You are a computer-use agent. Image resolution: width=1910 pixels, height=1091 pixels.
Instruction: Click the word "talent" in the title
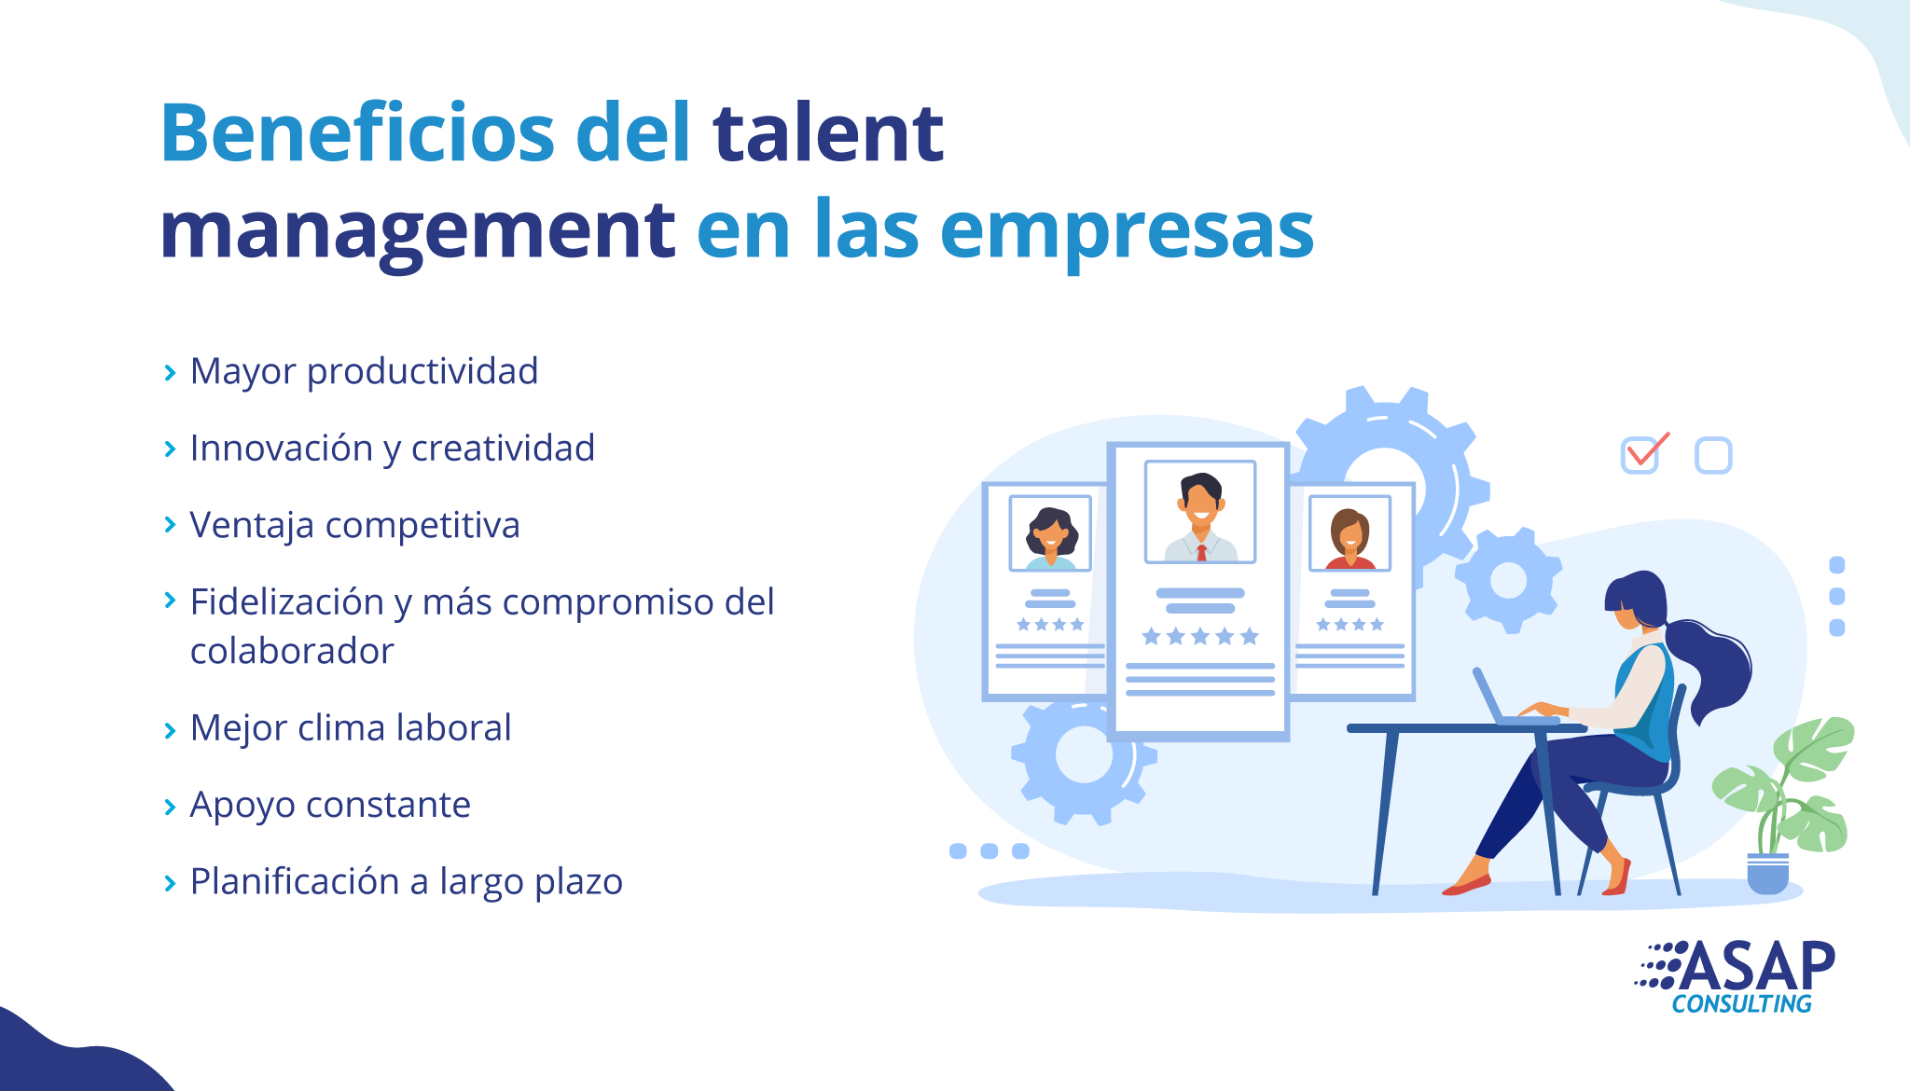tap(828, 133)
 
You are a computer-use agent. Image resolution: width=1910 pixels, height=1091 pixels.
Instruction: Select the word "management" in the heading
tap(418, 231)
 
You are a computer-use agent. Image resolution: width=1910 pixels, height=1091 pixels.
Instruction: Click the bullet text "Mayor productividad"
tap(365, 371)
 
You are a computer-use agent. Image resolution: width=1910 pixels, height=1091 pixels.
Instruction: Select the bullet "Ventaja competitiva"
tap(355, 525)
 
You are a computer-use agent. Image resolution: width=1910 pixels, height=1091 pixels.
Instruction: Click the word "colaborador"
tap(292, 651)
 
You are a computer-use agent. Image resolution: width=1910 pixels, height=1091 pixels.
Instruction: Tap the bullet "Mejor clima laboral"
tap(351, 727)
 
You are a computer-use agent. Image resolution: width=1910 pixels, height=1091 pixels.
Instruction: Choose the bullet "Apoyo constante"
tap(330, 805)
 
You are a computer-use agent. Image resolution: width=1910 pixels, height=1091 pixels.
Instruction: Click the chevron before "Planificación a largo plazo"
tap(170, 883)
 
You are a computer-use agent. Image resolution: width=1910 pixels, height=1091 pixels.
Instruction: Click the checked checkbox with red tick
tap(1643, 453)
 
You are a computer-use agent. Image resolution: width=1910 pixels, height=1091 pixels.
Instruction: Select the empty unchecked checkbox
tap(1713, 456)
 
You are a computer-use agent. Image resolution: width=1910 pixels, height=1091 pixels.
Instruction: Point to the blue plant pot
tap(1767, 873)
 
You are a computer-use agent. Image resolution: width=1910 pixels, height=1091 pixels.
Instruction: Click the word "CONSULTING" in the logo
tap(1741, 1004)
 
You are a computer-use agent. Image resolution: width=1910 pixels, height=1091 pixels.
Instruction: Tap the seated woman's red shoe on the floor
tap(1466, 884)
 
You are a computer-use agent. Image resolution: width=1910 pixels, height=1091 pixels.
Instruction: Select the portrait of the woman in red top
tap(1349, 533)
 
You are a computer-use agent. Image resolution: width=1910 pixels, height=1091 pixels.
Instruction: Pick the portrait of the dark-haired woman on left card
tap(1050, 533)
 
